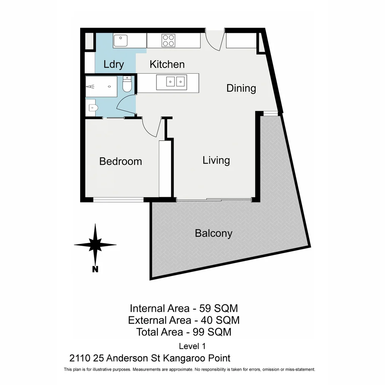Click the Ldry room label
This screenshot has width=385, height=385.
point(114,64)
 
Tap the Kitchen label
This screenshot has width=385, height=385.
point(167,64)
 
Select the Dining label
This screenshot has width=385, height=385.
point(241,88)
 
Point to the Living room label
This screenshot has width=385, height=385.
point(216,160)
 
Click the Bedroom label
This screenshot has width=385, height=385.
point(120,161)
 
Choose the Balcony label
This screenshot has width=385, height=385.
point(214,233)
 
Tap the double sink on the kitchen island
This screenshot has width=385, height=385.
point(176,82)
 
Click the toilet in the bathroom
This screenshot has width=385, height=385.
point(127,84)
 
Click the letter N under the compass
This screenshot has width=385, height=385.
point(95,269)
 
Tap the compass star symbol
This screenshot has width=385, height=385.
point(95,245)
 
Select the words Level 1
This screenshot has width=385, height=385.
point(192,346)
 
